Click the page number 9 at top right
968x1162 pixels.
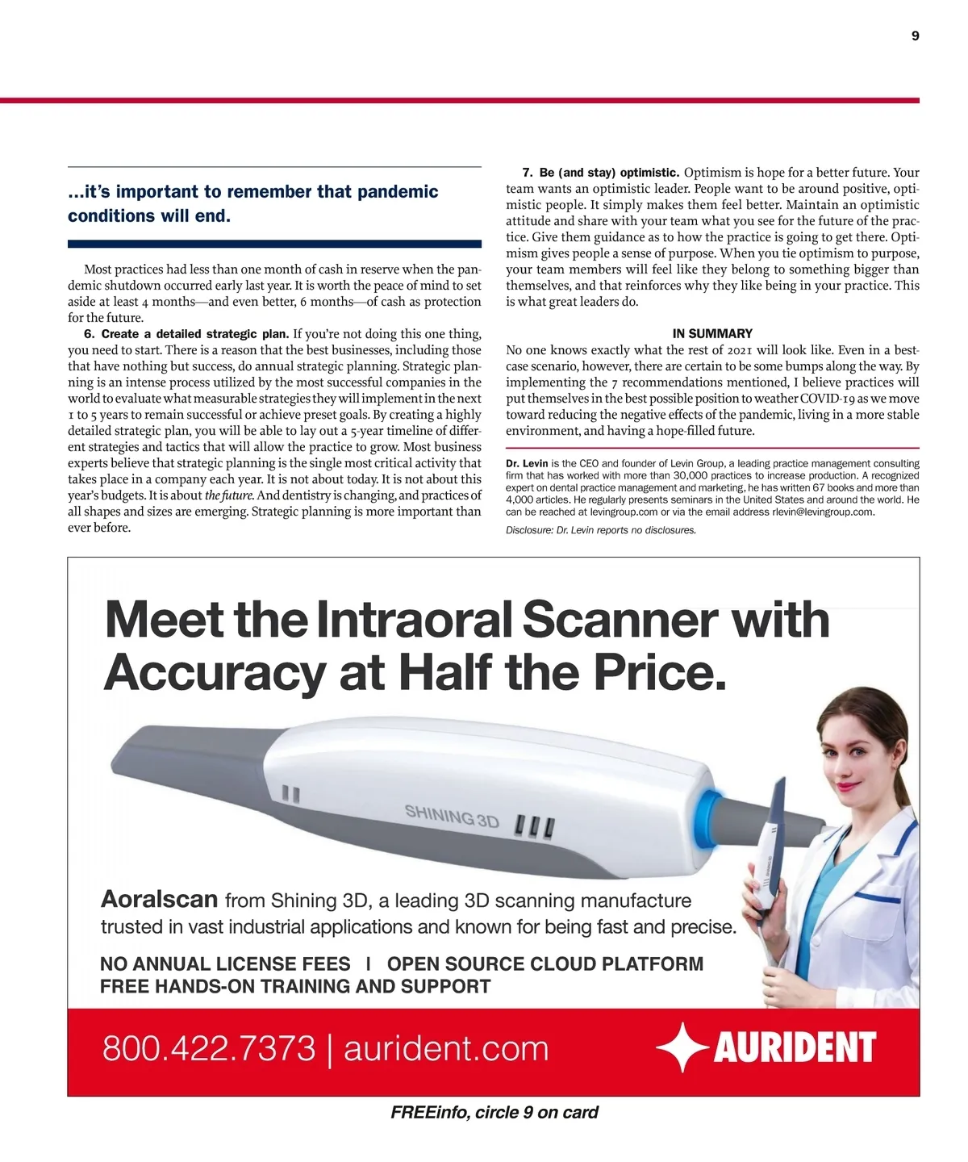pos(915,36)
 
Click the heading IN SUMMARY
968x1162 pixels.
pos(712,333)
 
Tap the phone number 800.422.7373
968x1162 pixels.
pos(208,1048)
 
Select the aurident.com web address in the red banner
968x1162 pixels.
pos(446,1048)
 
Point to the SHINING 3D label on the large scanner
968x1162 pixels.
pos(452,816)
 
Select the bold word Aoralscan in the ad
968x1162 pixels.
pos(160,899)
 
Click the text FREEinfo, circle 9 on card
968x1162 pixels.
pos(494,1113)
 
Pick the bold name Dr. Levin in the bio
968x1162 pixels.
pos(527,464)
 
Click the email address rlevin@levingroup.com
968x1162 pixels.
pos(823,512)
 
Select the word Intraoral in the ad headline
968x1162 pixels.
pos(415,620)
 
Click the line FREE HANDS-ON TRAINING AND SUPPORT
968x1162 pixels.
pos(295,986)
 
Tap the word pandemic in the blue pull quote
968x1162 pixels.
pos(398,192)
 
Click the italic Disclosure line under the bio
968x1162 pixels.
pos(601,530)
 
